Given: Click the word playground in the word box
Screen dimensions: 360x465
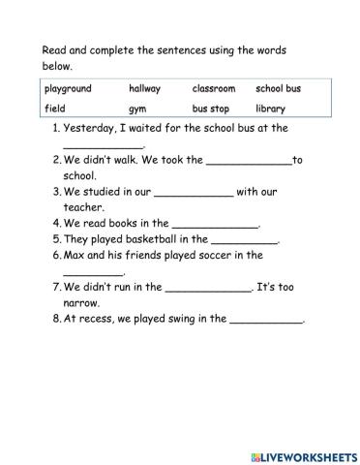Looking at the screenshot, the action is (68, 89).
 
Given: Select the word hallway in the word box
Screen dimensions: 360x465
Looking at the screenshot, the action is (144, 89).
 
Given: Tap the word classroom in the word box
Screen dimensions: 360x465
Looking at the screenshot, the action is (213, 89).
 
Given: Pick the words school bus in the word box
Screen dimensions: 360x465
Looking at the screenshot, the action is (279, 89).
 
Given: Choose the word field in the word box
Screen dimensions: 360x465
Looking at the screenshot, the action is (54, 108).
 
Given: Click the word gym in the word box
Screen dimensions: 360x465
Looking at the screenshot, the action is (136, 109).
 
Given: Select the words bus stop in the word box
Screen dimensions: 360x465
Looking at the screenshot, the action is (211, 108).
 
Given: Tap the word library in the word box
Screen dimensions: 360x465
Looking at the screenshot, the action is (271, 108).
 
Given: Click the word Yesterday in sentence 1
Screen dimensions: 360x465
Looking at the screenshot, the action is (92, 128).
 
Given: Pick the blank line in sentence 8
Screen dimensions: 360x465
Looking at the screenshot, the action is (266, 322).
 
